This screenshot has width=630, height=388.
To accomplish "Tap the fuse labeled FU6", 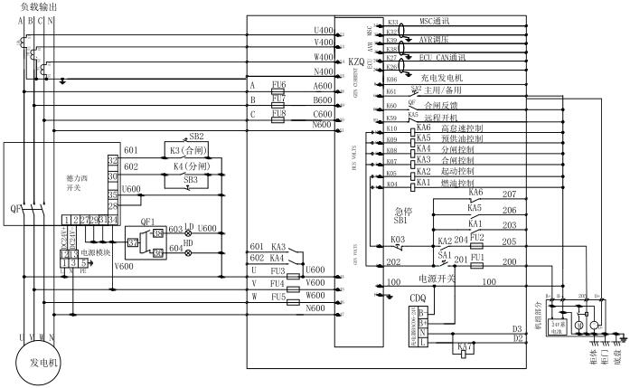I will coord(277,84).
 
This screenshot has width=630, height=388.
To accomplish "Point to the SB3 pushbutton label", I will coord(191,181).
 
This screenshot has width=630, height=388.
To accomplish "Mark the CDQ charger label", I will coord(418,298).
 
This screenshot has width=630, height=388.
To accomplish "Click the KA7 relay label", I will coord(465,346).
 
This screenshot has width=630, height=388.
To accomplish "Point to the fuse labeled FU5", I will coord(277,296).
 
